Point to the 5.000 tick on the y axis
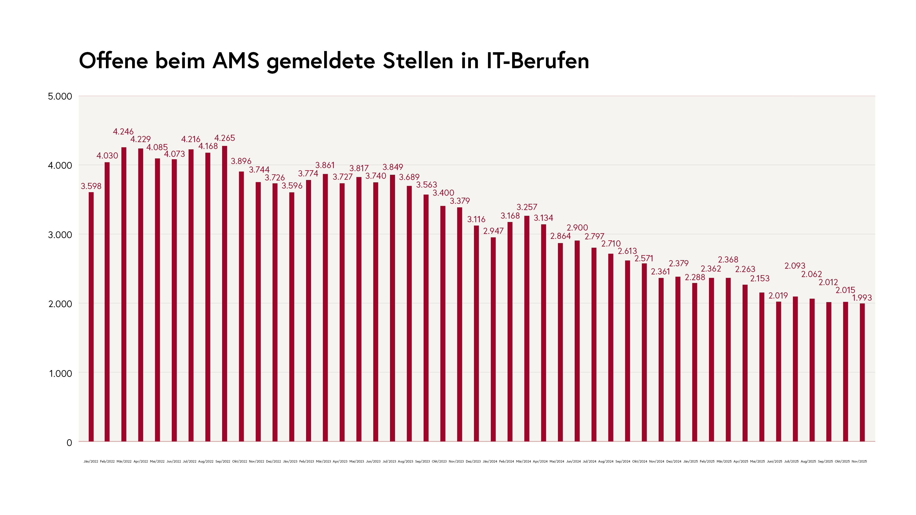[60, 96]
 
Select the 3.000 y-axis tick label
[60, 235]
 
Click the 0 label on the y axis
[69, 443]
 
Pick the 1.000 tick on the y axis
[60, 373]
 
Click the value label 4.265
[224, 138]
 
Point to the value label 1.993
[862, 298]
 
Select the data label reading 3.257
[527, 207]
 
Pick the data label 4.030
[107, 155]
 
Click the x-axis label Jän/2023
[290, 461]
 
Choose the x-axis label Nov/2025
[859, 461]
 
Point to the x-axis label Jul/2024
[590, 461]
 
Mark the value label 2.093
[795, 266]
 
